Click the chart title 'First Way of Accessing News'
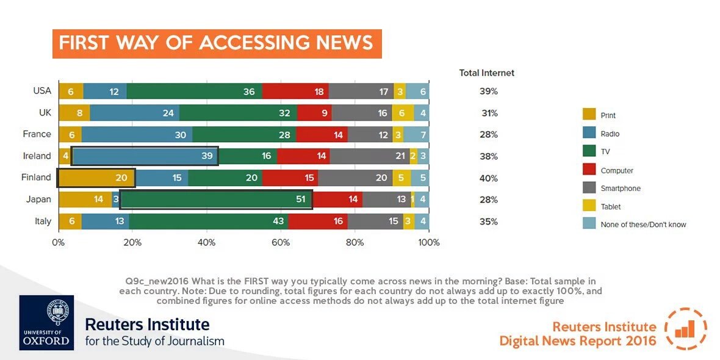click(x=217, y=43)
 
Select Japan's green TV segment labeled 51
click(x=217, y=200)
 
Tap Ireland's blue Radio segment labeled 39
click(x=145, y=156)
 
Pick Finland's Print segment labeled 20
click(x=96, y=178)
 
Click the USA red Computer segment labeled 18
click(x=295, y=91)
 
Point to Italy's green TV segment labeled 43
click(x=208, y=221)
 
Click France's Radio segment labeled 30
click(x=137, y=134)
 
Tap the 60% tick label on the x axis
click(x=281, y=242)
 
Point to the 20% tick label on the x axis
click(x=132, y=242)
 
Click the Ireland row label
click(x=37, y=156)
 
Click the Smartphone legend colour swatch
click(x=590, y=189)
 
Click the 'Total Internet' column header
click(x=486, y=73)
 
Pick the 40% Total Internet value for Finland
click(x=488, y=178)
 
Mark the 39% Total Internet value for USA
click(x=488, y=91)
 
